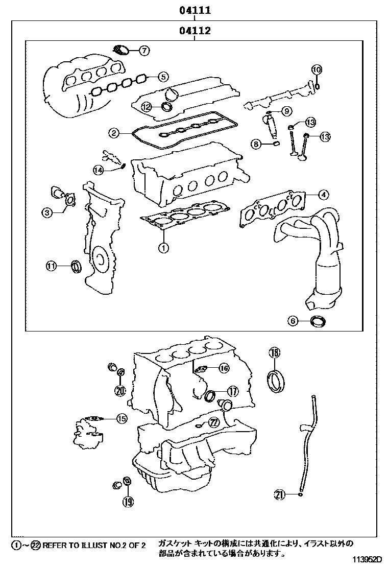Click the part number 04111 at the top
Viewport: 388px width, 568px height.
click(x=195, y=10)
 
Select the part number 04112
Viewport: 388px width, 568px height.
click(x=195, y=32)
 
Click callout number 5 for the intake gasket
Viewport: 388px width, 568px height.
click(x=162, y=77)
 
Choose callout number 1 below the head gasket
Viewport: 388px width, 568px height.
click(x=163, y=248)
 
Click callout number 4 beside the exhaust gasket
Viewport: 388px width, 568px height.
click(x=323, y=194)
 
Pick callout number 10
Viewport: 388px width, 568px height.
click(x=317, y=69)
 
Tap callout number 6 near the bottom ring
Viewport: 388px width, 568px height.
click(x=293, y=321)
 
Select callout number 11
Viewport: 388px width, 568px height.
click(x=51, y=265)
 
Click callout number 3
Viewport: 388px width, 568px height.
click(x=47, y=213)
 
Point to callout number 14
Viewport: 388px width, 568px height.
click(x=98, y=170)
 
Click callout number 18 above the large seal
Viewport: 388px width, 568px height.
click(x=275, y=352)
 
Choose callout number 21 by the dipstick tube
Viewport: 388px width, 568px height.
click(x=279, y=494)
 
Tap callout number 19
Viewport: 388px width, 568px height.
click(x=128, y=502)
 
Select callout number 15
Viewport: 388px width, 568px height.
click(x=121, y=418)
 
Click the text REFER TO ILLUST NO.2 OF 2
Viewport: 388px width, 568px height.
click(x=94, y=546)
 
